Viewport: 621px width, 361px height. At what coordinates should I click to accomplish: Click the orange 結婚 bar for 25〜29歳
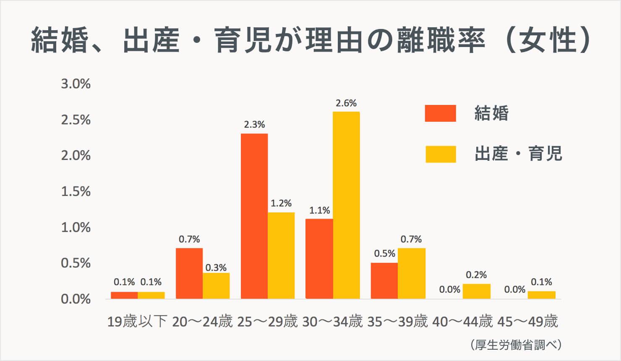254,216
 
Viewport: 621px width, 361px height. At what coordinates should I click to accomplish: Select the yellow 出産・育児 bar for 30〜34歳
346,205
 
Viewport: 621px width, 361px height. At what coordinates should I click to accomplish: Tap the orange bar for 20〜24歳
189,273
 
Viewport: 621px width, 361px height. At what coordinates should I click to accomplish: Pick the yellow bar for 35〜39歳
411,273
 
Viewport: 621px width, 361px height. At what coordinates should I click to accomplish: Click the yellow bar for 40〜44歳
476,291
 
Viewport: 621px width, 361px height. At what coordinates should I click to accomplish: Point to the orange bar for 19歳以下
124,295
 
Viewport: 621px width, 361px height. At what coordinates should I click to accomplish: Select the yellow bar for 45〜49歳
541,295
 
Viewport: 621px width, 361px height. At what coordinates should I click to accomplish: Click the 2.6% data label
346,103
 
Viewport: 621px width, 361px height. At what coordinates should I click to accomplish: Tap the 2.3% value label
254,125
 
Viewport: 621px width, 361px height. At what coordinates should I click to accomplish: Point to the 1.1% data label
320,210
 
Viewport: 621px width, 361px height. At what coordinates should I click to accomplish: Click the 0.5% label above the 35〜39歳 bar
385,254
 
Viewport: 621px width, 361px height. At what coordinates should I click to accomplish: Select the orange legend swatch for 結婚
440,113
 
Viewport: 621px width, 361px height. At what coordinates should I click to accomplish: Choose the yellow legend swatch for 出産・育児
440,154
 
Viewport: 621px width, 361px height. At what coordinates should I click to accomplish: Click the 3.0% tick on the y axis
76,84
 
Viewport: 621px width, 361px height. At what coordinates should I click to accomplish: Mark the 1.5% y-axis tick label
76,191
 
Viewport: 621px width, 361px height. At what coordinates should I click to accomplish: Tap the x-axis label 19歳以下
137,322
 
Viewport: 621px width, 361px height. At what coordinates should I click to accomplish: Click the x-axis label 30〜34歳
332,322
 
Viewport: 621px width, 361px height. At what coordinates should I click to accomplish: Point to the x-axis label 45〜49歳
527,322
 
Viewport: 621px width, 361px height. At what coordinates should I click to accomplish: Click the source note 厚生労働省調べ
516,345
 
